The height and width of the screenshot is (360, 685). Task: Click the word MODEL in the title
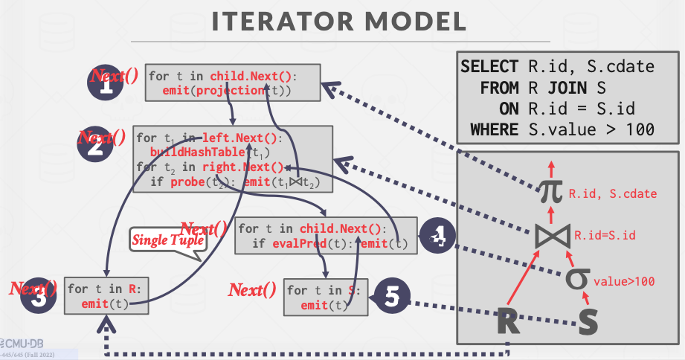pyautogui.click(x=419, y=22)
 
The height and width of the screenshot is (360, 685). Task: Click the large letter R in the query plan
pyautogui.click(x=509, y=321)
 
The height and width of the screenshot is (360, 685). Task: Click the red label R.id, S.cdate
pyautogui.click(x=613, y=194)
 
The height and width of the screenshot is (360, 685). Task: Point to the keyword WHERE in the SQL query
pyautogui.click(x=494, y=130)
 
